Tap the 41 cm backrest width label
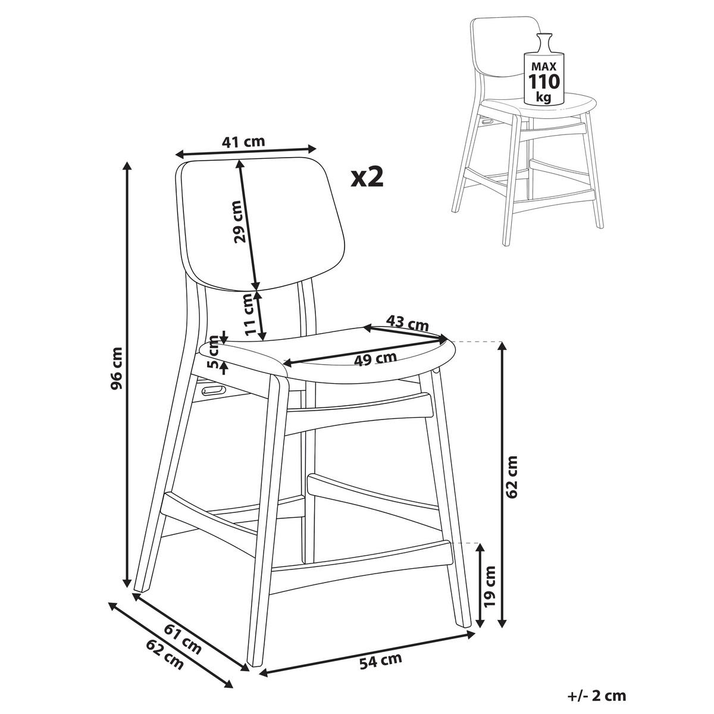tap(243, 142)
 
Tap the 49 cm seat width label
tap(375, 359)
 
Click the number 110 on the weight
tap(544, 82)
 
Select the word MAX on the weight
tap(544, 66)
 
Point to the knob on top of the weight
tap(544, 36)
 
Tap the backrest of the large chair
tap(261, 225)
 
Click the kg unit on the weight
tap(544, 97)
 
